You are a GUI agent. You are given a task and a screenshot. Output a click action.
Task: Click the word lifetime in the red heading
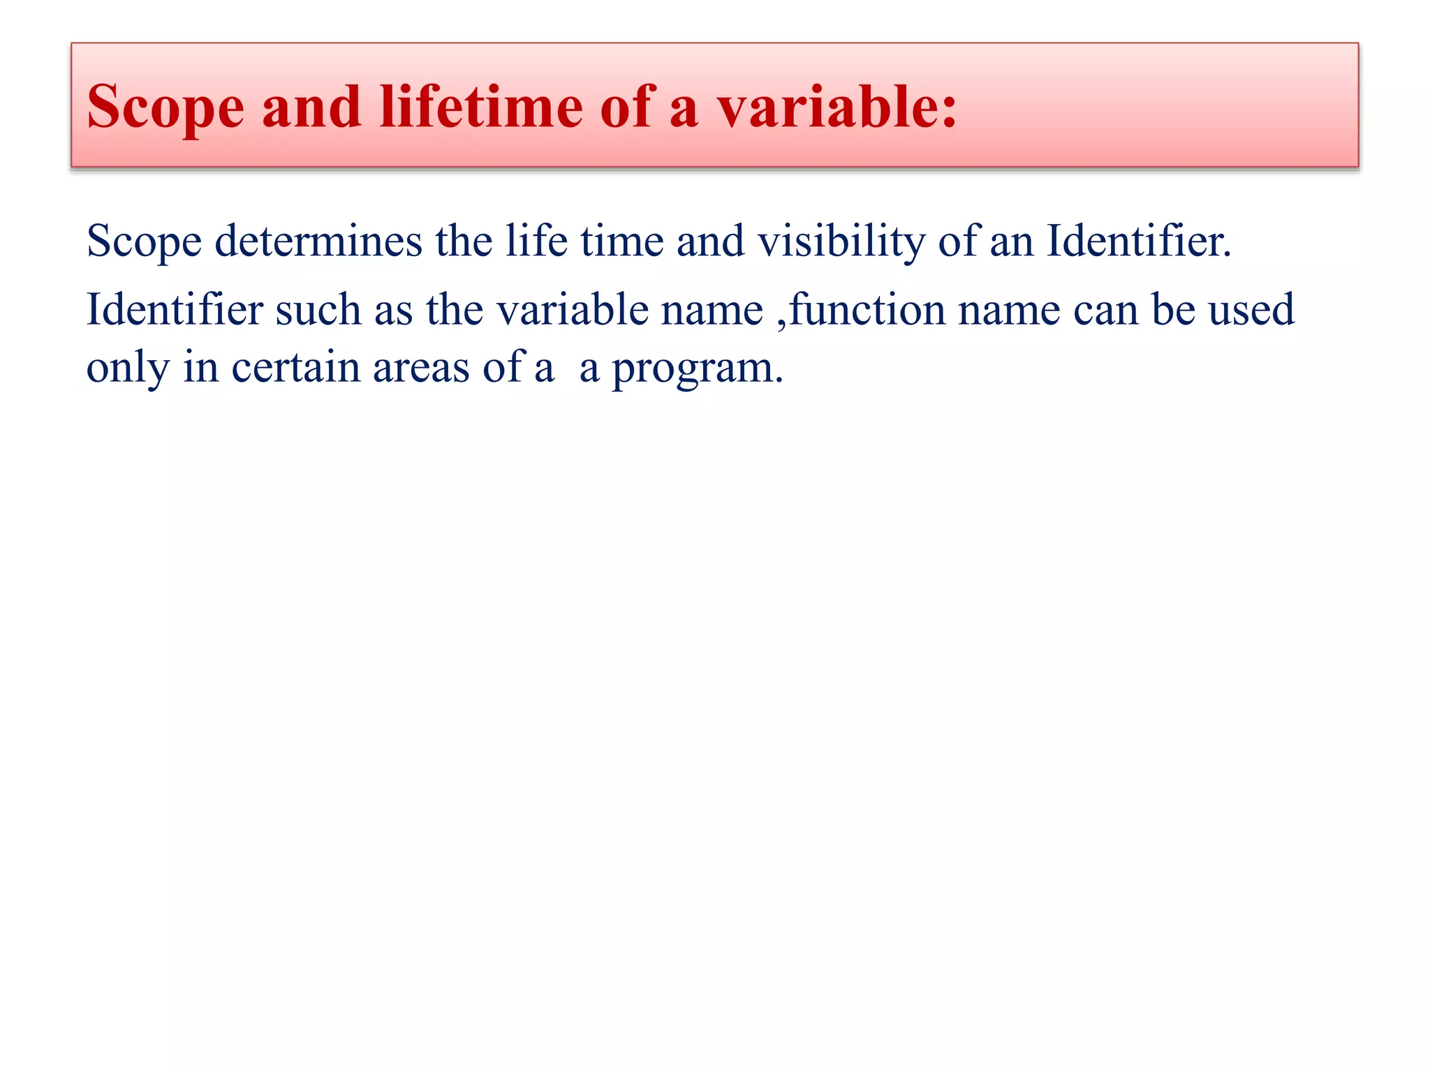click(481, 107)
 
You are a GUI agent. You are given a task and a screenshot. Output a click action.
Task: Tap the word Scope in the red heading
click(165, 107)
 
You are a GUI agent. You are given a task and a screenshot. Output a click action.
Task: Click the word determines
click(318, 241)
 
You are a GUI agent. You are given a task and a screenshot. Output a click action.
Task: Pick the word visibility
click(841, 241)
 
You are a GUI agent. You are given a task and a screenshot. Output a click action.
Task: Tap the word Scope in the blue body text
click(144, 241)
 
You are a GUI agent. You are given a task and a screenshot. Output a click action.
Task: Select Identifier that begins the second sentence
click(175, 309)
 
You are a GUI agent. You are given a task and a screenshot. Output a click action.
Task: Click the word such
click(318, 309)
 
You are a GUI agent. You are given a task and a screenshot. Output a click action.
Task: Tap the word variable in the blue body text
click(573, 309)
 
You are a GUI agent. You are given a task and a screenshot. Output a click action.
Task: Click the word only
click(128, 368)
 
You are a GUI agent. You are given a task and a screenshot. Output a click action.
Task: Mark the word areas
click(421, 368)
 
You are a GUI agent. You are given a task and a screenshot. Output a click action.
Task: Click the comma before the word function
click(781, 322)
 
